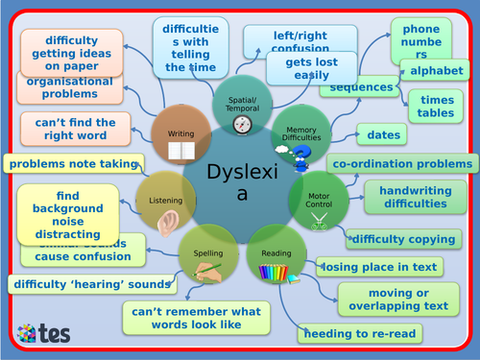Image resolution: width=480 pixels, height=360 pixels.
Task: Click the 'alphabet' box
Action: [x=436, y=72]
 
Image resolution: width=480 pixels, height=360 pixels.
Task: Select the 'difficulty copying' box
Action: [x=401, y=239]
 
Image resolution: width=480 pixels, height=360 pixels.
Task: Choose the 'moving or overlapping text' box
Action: [x=394, y=300]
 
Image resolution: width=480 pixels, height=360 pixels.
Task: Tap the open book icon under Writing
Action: [x=180, y=151]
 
